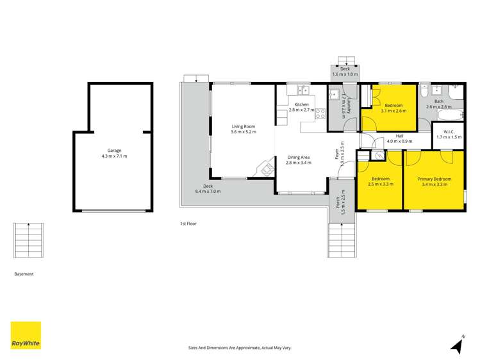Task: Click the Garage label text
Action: coord(114,151)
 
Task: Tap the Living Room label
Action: coord(244,127)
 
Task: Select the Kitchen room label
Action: coord(301,104)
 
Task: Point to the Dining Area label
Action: coord(298,157)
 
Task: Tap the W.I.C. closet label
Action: coord(449,133)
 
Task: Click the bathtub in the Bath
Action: coord(452,116)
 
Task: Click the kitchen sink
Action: coord(302,90)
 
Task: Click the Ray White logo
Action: coord(26,336)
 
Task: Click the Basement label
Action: coord(24,274)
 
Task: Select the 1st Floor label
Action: coord(188,224)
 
